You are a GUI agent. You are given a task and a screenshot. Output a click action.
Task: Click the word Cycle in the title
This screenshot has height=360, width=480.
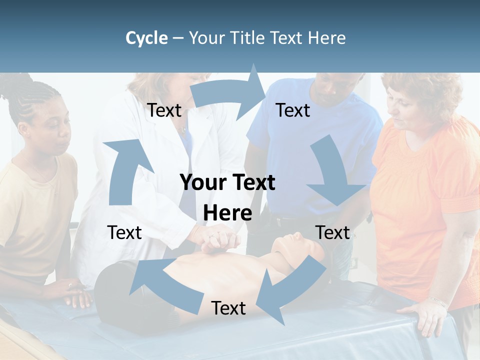pos(146,38)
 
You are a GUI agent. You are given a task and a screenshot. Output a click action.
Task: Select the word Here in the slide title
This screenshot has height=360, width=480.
pos(327,38)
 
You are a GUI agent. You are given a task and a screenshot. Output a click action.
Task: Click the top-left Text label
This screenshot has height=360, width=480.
pos(164,110)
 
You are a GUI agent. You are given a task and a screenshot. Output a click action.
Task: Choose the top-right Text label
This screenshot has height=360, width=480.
pos(293,110)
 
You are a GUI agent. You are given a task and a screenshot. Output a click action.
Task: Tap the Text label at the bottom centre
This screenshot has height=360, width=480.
pos(228,308)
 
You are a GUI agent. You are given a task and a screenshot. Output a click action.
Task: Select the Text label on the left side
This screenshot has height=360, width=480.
pos(124,232)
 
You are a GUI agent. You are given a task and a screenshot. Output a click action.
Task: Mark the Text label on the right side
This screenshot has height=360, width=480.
pos(332,232)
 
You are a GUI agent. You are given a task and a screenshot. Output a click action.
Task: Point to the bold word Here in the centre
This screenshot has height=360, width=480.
pos(227,213)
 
